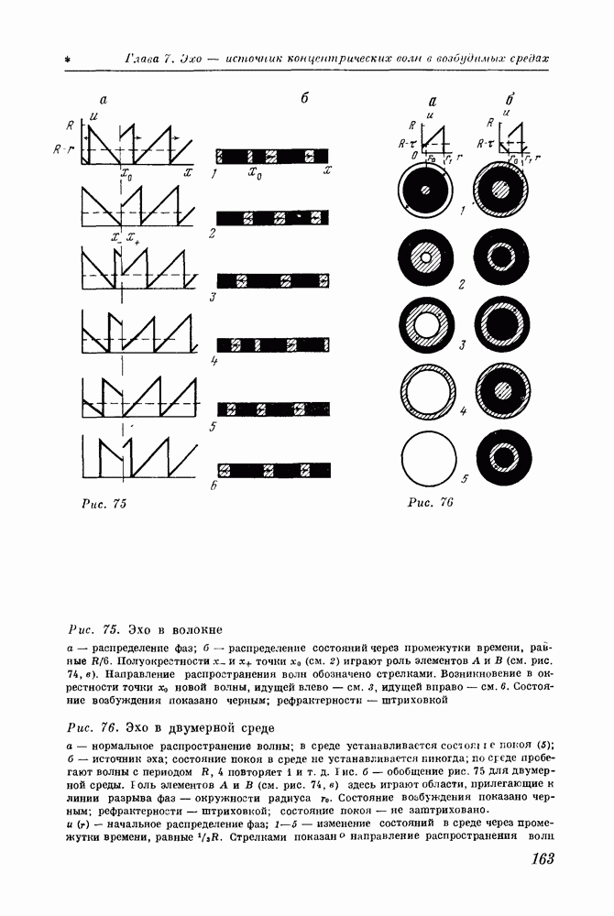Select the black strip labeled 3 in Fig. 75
pos(272,281)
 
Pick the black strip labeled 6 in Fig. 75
pos(272,472)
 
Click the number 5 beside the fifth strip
pos(212,427)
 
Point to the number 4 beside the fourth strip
pos(212,361)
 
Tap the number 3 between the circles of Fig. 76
pos(464,344)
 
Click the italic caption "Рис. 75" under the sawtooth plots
pos(104,504)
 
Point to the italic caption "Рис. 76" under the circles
pos(431,502)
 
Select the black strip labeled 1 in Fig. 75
pos(272,154)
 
